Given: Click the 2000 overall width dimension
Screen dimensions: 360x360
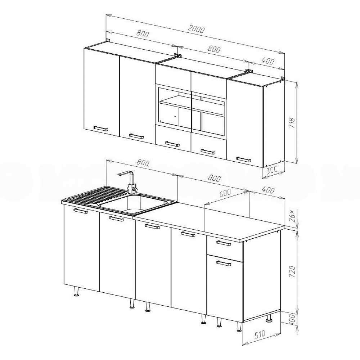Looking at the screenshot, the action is click(x=196, y=30).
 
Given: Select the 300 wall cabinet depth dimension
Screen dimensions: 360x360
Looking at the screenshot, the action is click(x=272, y=169).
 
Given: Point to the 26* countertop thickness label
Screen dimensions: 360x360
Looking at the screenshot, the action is click(x=292, y=215).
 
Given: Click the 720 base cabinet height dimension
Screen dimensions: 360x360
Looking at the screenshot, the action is click(x=292, y=272).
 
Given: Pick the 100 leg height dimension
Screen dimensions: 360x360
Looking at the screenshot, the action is click(x=292, y=319).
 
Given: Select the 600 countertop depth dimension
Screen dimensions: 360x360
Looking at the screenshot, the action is click(x=225, y=193).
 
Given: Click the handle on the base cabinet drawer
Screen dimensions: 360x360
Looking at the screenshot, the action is click(x=224, y=243).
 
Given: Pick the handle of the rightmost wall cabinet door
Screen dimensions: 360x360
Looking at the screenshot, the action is click(x=244, y=159).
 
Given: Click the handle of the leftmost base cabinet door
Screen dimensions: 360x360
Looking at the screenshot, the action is click(x=81, y=211).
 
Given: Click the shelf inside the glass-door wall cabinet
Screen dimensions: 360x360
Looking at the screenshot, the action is click(x=192, y=107).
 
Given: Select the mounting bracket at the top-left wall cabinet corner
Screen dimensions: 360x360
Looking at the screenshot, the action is click(x=108, y=40).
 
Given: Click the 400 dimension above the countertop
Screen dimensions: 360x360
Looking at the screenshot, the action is click(x=268, y=190).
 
